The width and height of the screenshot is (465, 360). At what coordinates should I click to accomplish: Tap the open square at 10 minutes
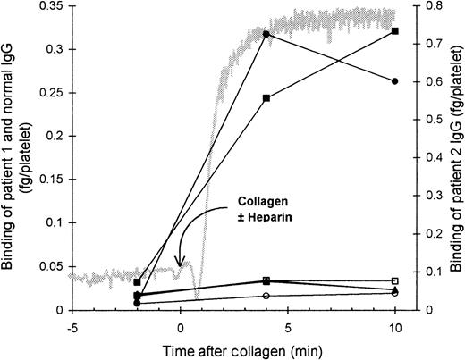coord(394,280)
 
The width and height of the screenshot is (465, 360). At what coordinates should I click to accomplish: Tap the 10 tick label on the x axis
coord(394,325)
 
